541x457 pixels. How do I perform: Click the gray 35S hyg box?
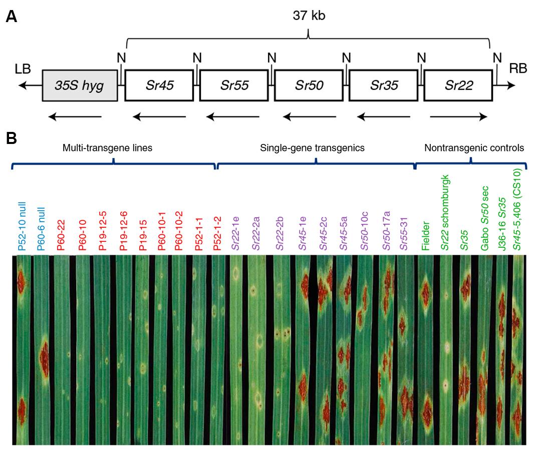coord(80,85)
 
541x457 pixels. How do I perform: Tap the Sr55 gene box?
coord(233,85)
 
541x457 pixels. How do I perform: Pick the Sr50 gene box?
coord(309,85)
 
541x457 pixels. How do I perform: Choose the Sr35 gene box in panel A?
coord(383,85)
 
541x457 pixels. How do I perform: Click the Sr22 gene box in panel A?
coord(458,85)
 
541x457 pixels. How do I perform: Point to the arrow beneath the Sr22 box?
coord(458,117)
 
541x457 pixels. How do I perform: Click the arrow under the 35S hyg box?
coord(75,117)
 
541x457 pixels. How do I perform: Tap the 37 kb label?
coord(309,16)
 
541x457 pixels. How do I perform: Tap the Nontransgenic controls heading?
coord(474,148)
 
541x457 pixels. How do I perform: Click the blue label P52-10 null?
coord(22,226)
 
